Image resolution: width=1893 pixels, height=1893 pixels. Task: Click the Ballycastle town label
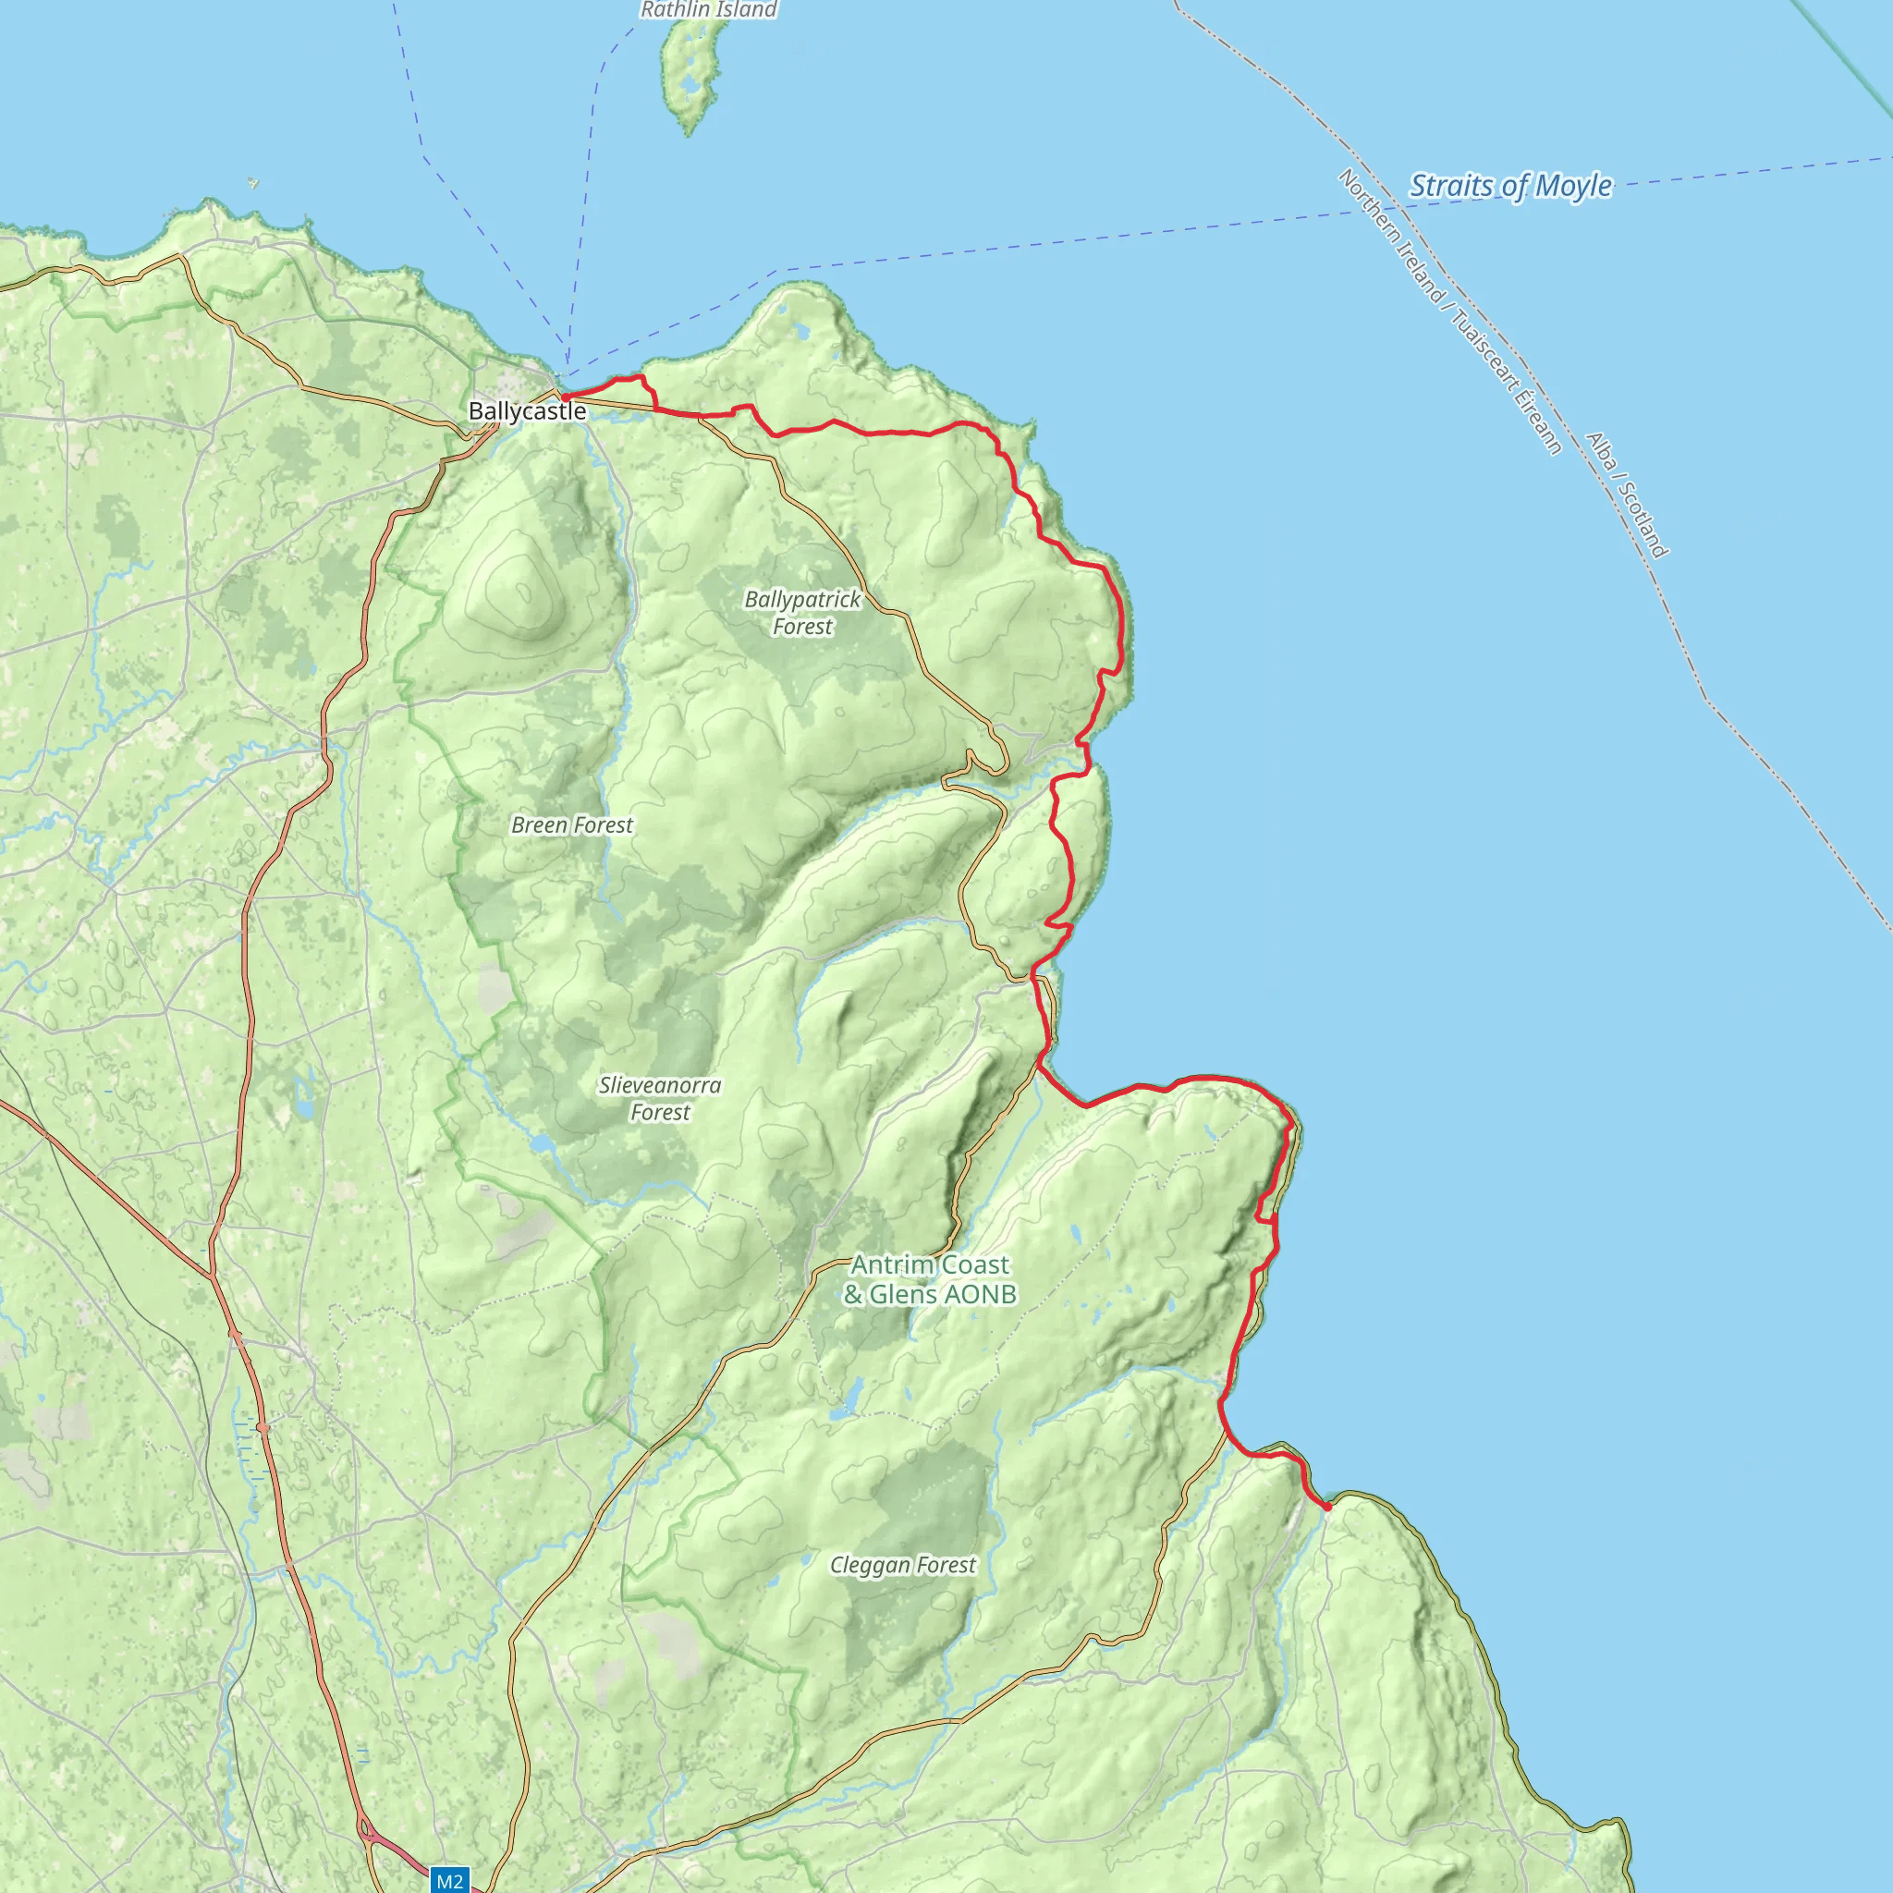click(526, 410)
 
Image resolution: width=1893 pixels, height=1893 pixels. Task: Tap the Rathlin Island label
click(707, 10)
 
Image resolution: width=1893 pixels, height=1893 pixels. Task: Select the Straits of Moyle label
click(1510, 185)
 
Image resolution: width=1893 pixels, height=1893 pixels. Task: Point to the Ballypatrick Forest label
click(802, 613)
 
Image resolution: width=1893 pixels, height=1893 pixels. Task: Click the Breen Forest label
click(572, 825)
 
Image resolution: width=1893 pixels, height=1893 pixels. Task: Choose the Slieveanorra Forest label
click(660, 1098)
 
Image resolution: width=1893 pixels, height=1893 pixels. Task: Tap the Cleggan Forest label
click(902, 1565)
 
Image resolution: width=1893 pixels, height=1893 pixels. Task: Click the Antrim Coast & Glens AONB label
click(929, 1279)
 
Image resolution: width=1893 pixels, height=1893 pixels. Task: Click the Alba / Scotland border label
click(1626, 495)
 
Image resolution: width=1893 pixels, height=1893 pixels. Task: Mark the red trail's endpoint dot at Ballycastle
click(565, 397)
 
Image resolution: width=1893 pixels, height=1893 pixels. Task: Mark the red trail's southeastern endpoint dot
click(1326, 1507)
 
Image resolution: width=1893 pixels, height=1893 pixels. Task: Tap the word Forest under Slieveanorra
click(660, 1112)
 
